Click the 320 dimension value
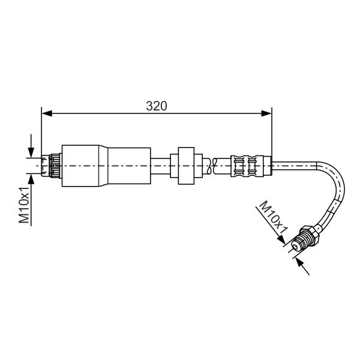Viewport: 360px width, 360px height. coord(157,106)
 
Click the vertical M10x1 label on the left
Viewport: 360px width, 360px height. coord(24,205)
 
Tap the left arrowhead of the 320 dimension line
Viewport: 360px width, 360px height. coord(47,113)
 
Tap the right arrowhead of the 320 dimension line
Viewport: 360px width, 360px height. coord(266,113)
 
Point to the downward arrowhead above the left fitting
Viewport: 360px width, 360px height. coord(31,152)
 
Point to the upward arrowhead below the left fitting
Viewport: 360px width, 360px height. coord(31,179)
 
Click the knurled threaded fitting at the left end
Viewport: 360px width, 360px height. coord(52,166)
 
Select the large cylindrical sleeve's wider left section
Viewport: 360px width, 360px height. coord(80,166)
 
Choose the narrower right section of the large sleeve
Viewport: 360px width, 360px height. coord(129,166)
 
